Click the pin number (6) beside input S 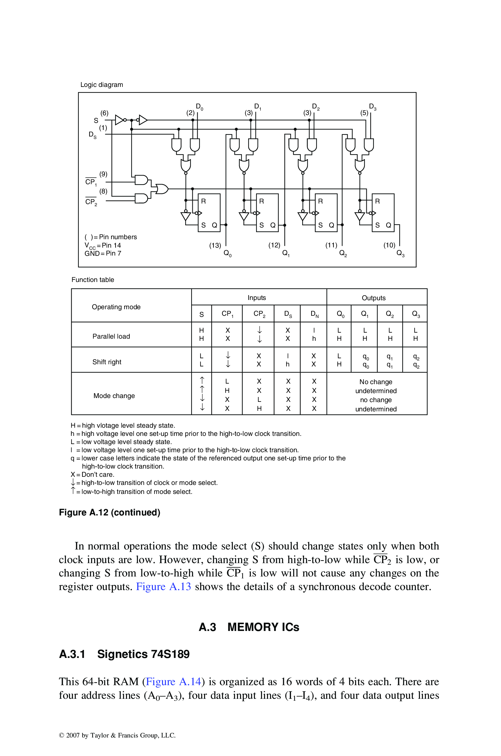104,113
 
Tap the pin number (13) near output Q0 215,245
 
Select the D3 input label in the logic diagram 373,107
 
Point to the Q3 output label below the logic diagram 400,253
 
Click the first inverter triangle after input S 119,120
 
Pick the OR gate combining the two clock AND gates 162,189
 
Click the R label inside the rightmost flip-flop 377,201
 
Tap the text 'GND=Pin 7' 103,253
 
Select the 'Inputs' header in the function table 257,298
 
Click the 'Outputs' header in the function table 374,298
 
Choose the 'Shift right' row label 107,362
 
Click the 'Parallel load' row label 111,336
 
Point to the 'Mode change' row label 114,396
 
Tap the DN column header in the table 314,314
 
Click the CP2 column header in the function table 259,314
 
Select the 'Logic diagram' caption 102,84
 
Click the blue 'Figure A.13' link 163,587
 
